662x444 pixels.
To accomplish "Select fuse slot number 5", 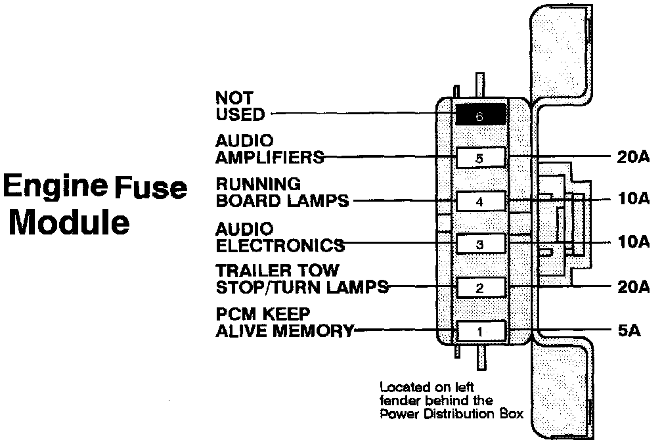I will coord(481,158).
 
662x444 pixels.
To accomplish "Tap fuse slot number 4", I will coord(481,201).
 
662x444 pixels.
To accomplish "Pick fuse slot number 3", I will coord(481,244).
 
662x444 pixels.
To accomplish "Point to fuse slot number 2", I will coord(481,287).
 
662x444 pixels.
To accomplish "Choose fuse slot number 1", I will coord(481,330).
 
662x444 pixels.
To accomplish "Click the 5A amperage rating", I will coord(629,330).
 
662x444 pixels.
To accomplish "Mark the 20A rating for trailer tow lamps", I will coord(633,286).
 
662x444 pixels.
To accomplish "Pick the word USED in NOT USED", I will coord(240,115).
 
